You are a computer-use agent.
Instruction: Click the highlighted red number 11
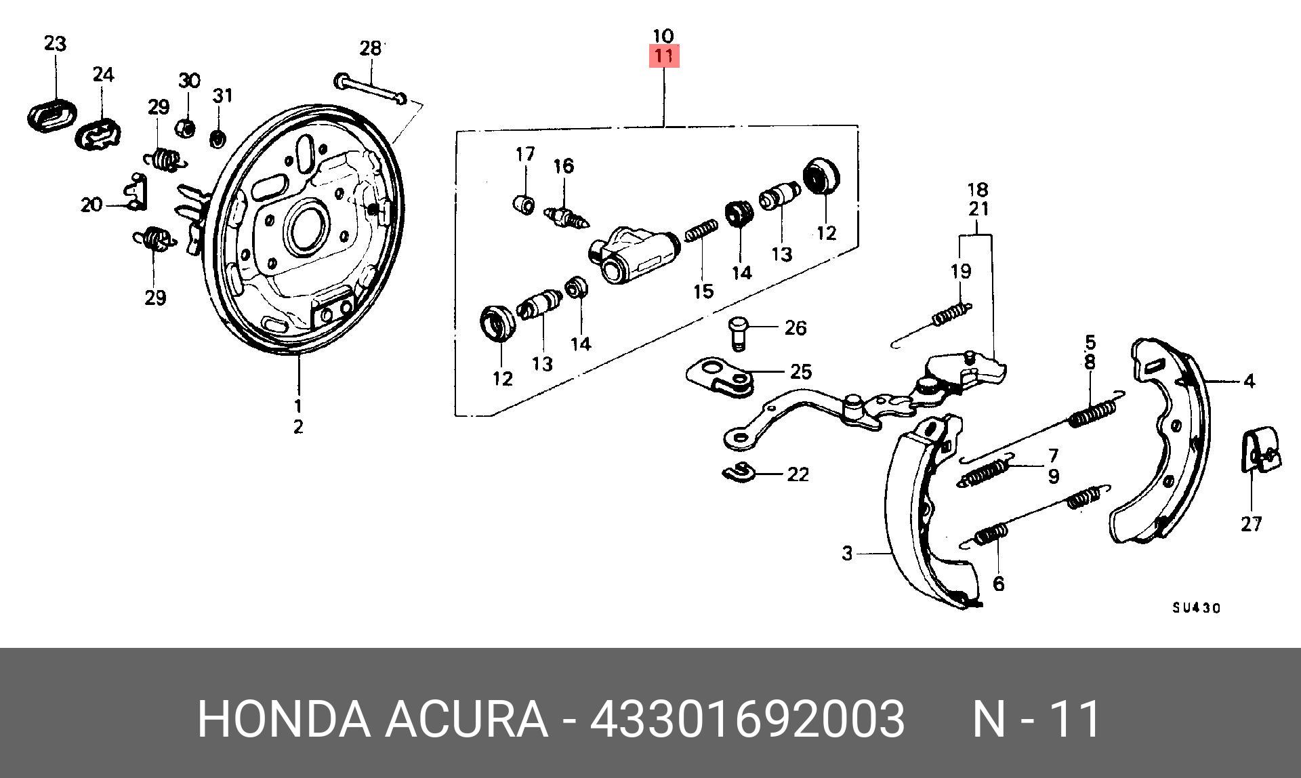663,56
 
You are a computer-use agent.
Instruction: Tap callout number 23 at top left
55,44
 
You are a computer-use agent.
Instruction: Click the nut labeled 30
187,127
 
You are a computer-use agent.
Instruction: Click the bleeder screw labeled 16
566,218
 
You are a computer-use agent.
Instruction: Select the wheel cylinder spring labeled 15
701,232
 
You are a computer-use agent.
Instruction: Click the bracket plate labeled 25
720,377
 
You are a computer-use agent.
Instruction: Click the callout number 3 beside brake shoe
847,554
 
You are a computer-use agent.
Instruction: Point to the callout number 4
1249,382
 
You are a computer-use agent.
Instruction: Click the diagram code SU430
1197,608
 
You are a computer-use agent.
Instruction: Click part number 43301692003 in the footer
747,718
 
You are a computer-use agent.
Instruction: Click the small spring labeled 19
950,313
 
